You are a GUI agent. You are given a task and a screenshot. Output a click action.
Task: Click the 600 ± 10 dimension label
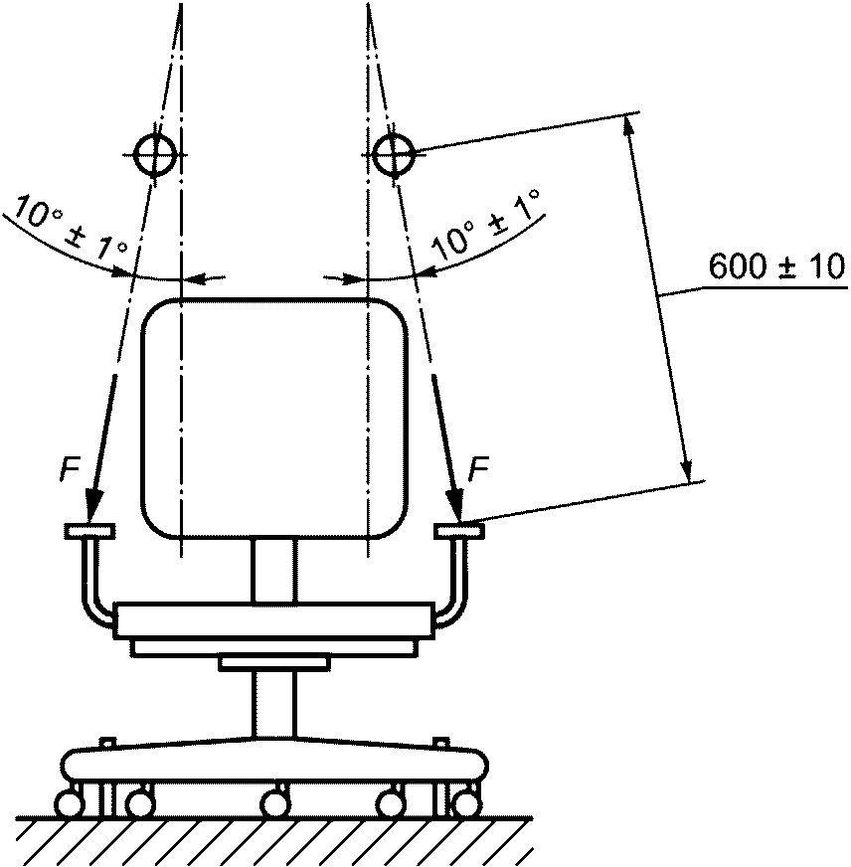pos(776,267)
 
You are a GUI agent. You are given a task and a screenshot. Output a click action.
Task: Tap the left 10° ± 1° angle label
pos(71,226)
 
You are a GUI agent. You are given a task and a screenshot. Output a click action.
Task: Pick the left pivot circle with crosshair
pos(155,154)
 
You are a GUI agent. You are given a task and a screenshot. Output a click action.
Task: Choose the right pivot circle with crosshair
pos(393,154)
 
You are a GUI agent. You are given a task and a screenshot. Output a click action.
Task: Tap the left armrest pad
pos(89,530)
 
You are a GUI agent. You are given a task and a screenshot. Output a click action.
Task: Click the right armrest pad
pos(459,530)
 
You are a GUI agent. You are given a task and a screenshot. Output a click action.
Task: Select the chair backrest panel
pos(274,418)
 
